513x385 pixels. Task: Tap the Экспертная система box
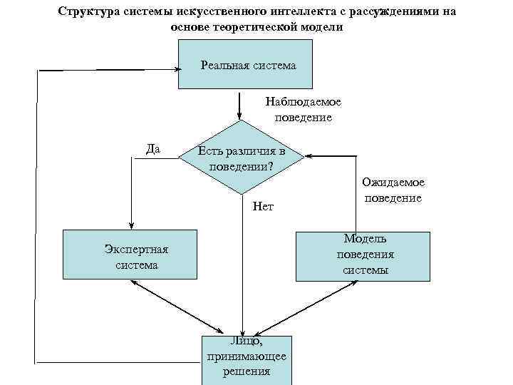point(129,255)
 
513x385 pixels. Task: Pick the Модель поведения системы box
point(363,255)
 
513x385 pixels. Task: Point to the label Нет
point(263,207)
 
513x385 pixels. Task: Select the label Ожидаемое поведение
point(393,190)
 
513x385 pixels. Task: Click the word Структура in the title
point(88,12)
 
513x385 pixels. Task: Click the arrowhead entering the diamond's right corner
point(307,155)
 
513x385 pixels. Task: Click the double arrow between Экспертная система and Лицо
point(165,306)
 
